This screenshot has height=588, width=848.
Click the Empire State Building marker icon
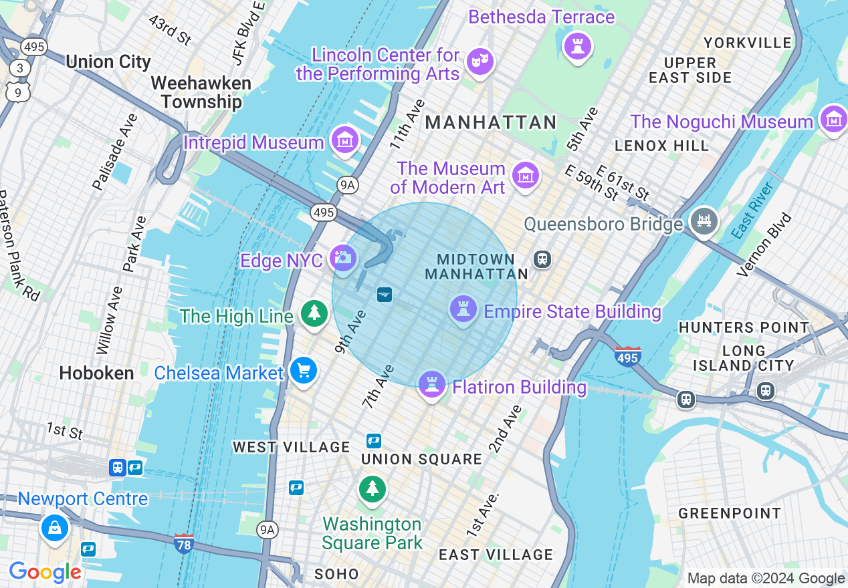pyautogui.click(x=463, y=309)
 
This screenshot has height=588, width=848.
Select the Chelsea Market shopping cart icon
pyautogui.click(x=304, y=370)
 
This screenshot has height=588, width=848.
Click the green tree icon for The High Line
pyautogui.click(x=314, y=313)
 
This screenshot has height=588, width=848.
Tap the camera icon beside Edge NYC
pyautogui.click(x=344, y=258)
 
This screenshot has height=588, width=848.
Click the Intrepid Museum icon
pyautogui.click(x=345, y=140)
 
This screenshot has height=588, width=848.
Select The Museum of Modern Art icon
pyautogui.click(x=526, y=176)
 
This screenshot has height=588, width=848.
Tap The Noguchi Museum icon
pyautogui.click(x=833, y=120)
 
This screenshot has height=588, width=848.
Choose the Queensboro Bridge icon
pyautogui.click(x=704, y=221)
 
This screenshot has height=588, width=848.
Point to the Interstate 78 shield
pyautogui.click(x=184, y=543)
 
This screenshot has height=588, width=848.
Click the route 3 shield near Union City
pyautogui.click(x=20, y=68)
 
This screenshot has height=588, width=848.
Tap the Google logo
pyautogui.click(x=45, y=572)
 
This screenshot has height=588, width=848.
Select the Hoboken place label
pyautogui.click(x=96, y=373)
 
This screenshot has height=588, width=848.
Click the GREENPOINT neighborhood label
pyautogui.click(x=729, y=513)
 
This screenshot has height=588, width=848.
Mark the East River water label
pyautogui.click(x=752, y=209)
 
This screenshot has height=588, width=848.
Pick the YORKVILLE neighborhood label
pyautogui.click(x=748, y=43)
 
